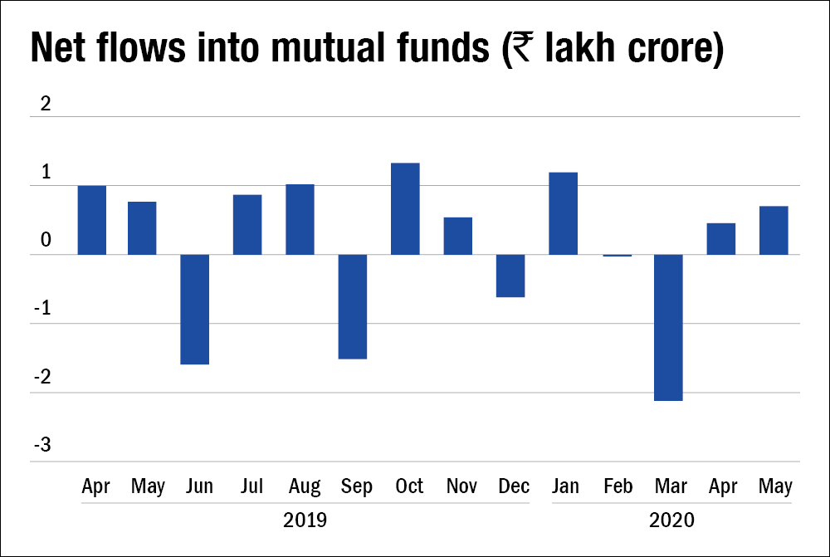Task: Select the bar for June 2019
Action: click(x=194, y=309)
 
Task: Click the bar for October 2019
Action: click(x=405, y=208)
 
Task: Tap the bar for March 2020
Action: click(x=668, y=327)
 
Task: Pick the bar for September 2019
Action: click(x=352, y=306)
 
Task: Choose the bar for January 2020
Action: click(x=563, y=213)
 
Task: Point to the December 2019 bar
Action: click(x=510, y=276)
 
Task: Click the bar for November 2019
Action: click(x=457, y=236)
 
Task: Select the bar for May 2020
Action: click(x=774, y=230)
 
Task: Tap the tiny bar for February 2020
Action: click(x=616, y=256)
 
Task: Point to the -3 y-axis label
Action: click(x=41, y=446)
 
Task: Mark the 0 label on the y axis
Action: click(x=46, y=241)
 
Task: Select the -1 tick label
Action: click(x=41, y=309)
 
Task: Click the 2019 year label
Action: click(x=305, y=521)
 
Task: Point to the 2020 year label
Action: click(x=671, y=521)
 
